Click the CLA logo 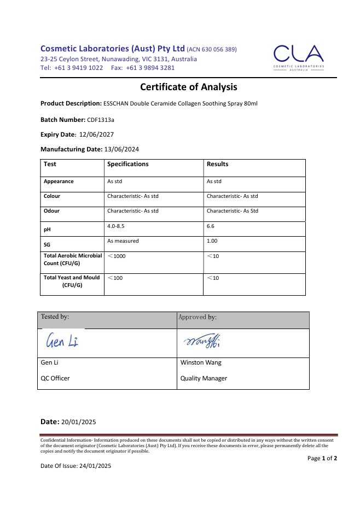pos(298,57)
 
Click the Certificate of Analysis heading pos(189,86)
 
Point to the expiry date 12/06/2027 pos(96,134)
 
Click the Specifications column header pos(127,164)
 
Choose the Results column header pos(217,164)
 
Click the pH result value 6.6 pos(211,226)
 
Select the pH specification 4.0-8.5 pos(115,226)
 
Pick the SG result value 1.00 pos(212,241)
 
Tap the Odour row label pos(52,211)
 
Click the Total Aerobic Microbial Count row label pos(72,260)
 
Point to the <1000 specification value pos(117,256)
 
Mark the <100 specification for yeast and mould pos(115,278)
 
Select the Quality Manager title pos(204,378)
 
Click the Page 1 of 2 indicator pos(322,458)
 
